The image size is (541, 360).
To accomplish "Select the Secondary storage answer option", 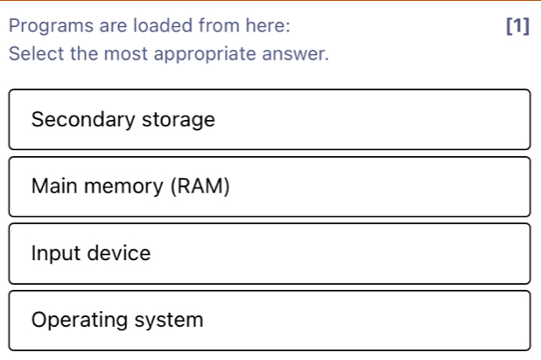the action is click(270, 119).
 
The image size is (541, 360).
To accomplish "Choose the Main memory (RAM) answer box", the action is click(270, 187).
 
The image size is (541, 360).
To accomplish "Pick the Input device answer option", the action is click(270, 254).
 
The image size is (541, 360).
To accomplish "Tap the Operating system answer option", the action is click(270, 321).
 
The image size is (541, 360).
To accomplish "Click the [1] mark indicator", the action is click(517, 25).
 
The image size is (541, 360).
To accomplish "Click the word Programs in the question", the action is click(51, 26).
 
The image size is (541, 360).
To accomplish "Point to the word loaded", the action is click(163, 25).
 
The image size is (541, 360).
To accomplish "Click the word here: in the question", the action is click(268, 25).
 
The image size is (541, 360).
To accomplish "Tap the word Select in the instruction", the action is click(37, 53).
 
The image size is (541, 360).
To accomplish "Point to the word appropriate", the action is click(205, 54).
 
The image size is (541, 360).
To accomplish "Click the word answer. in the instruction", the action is click(295, 53).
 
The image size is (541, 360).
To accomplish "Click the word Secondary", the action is click(83, 120).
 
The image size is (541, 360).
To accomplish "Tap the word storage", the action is click(179, 121).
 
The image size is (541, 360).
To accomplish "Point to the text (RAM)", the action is click(200, 187).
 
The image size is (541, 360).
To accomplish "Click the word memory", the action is click(123, 187).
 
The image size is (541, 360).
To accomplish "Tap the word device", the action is click(119, 253).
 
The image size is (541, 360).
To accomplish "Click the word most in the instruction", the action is click(125, 54).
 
